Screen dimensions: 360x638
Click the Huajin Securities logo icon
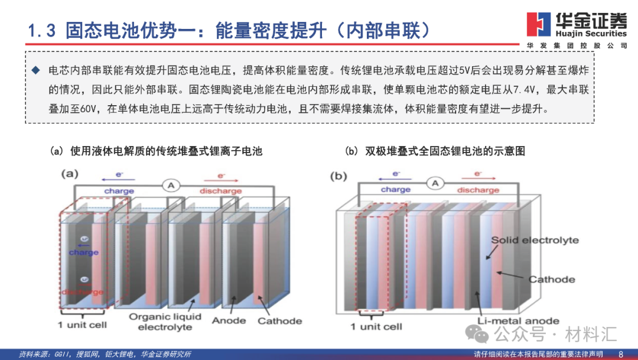[538, 24]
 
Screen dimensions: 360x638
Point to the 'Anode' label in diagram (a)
[229, 321]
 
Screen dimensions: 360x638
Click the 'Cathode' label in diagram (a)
[279, 321]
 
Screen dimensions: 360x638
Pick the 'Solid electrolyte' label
[535, 240]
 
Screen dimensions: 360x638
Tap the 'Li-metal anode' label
[518, 321]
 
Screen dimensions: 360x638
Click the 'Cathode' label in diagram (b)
[551, 279]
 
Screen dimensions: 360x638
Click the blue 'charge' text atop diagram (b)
[395, 190]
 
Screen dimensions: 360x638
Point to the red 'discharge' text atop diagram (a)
[220, 191]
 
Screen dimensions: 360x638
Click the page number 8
[621, 353]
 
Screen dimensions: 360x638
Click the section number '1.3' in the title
[43, 31]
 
